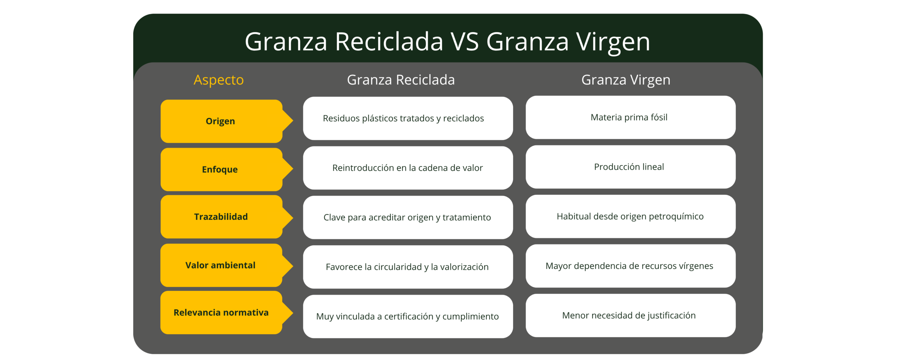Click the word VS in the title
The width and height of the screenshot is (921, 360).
coord(465,42)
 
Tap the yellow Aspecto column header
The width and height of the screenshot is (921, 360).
coord(219,80)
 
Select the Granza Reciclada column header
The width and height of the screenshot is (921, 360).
coord(401,80)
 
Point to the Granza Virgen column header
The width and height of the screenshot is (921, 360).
coord(626,80)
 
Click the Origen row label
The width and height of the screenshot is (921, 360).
coord(221,121)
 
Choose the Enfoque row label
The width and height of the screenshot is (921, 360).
coord(220,169)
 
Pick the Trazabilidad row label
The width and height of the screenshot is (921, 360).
coord(221,217)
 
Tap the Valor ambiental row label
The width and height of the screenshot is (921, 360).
coord(220,265)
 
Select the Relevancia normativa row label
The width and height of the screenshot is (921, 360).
coord(221,313)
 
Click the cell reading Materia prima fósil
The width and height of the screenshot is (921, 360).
coord(629,117)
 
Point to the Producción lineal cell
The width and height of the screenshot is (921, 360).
coord(629,167)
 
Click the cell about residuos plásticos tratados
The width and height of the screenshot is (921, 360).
coord(403,118)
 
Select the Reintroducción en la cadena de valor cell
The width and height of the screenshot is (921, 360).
coord(407,168)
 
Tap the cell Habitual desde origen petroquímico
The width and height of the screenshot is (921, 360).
coord(630,217)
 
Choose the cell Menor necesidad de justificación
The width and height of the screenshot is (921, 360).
coord(629,315)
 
